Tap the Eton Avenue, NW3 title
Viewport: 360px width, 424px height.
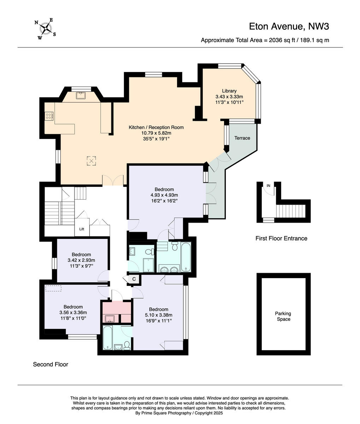[289, 26]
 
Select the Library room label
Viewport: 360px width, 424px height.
[229, 91]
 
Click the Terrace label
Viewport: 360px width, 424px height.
[242, 138]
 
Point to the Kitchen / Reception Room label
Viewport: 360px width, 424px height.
[156, 127]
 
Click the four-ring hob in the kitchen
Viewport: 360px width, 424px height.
[49, 116]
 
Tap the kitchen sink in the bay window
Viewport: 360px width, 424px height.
[81, 95]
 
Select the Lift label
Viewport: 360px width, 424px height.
[82, 229]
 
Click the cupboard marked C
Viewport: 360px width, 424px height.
[134, 279]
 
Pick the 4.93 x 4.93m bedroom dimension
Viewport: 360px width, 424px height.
[164, 195]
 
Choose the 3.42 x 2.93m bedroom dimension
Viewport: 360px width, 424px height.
[81, 260]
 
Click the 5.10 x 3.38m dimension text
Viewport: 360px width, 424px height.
[159, 315]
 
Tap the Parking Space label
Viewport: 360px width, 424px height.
[283, 316]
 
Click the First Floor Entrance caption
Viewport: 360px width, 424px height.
[281, 238]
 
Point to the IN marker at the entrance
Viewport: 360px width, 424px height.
[268, 185]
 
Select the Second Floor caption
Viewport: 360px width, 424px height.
[51, 364]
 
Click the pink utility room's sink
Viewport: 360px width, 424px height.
[110, 319]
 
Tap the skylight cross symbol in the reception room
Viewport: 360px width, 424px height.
[91, 161]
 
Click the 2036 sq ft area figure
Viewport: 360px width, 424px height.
[282, 40]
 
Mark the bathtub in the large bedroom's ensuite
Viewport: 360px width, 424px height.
[186, 257]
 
